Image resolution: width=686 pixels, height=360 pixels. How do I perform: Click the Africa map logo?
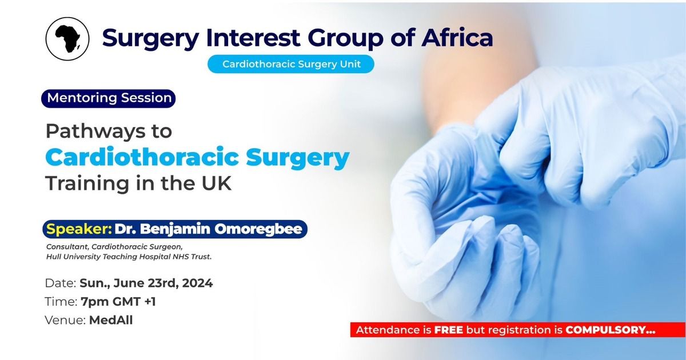point(67,39)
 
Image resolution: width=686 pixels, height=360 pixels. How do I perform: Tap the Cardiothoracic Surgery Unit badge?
point(291,64)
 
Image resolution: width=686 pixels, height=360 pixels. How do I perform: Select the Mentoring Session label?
point(109,98)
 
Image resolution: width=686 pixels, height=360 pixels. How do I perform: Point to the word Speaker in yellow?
point(79,229)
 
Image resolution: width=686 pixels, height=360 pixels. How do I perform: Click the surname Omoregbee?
point(258,229)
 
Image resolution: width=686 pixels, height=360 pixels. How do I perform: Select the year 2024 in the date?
point(198,283)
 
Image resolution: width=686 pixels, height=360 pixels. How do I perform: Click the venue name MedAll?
point(111,320)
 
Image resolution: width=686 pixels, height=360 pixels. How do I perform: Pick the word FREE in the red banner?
point(449,330)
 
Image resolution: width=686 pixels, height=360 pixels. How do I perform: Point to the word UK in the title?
point(216,183)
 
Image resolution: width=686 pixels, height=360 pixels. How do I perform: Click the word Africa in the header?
point(457,38)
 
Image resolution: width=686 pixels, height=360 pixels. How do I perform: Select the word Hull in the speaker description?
point(52,257)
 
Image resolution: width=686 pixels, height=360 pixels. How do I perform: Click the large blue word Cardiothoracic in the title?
point(142,157)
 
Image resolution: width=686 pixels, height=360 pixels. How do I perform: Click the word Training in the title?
point(87,184)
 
